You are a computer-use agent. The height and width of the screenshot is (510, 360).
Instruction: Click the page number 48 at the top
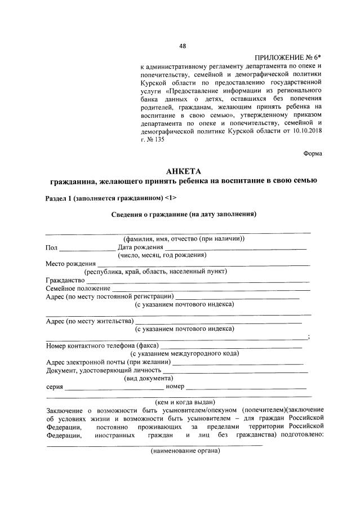pos(183,46)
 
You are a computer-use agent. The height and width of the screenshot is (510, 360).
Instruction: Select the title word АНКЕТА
pos(183,171)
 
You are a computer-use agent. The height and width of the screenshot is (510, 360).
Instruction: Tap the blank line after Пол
pos(86,248)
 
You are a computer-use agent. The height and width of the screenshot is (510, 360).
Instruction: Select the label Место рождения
pos(70,263)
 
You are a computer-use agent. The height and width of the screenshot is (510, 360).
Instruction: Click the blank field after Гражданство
pos(197,280)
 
